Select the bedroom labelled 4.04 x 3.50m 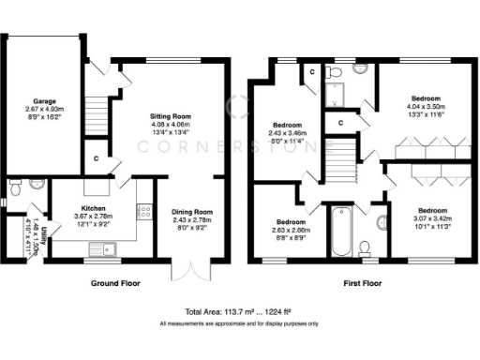430,104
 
